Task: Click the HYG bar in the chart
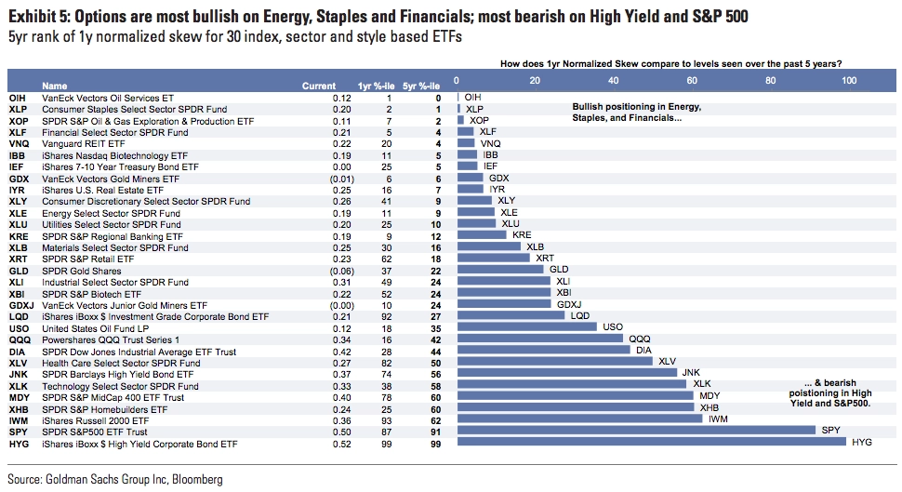pyautogui.click(x=652, y=442)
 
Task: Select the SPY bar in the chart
pyautogui.click(x=636, y=430)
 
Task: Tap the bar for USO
pyautogui.click(x=527, y=326)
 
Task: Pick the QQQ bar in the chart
pyautogui.click(x=540, y=339)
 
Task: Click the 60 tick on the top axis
pyautogui.click(x=692, y=81)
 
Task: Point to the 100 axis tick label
pyautogui.click(x=849, y=81)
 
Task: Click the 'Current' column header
pyautogui.click(x=319, y=86)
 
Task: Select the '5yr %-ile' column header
pyautogui.click(x=421, y=86)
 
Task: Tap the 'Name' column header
pyautogui.click(x=55, y=86)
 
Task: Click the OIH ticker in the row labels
pyautogui.click(x=18, y=99)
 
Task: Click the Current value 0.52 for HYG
pyautogui.click(x=341, y=445)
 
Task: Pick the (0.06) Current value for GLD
pyautogui.click(x=341, y=271)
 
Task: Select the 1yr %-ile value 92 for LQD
pyautogui.click(x=386, y=317)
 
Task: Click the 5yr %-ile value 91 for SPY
pyautogui.click(x=435, y=432)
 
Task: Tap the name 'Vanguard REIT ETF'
pyautogui.click(x=84, y=144)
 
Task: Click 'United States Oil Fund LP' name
pyautogui.click(x=96, y=328)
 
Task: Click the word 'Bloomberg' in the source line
pyautogui.click(x=197, y=479)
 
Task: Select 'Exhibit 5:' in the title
pyautogui.click(x=38, y=17)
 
